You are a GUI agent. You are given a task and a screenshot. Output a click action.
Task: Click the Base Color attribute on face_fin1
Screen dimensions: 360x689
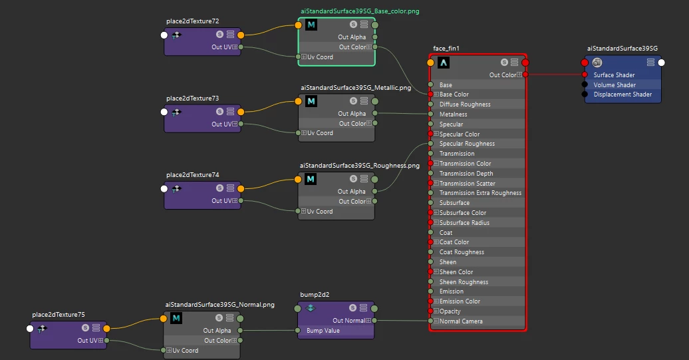pos(454,94)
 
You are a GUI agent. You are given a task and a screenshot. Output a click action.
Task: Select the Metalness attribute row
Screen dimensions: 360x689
pos(453,114)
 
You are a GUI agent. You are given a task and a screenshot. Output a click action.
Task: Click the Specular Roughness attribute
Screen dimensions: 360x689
pos(467,144)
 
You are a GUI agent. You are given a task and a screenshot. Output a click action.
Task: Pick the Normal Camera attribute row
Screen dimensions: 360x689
pos(461,321)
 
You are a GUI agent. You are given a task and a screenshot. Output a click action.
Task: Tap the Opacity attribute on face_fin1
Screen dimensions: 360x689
pos(450,311)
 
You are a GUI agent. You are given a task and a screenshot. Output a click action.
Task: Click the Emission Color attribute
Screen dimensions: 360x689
pos(460,301)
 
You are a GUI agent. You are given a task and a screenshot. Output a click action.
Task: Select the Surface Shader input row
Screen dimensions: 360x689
pos(614,75)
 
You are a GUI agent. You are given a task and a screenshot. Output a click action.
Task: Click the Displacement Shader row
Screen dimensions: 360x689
pos(622,94)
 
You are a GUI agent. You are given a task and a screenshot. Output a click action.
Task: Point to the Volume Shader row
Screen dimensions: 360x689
pos(615,85)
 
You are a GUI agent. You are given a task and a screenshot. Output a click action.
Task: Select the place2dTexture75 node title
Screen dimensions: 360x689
pos(58,315)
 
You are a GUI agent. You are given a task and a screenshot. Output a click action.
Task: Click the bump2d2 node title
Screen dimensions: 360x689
pos(315,293)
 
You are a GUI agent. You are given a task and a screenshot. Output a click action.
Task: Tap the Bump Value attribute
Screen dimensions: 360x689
pos(323,331)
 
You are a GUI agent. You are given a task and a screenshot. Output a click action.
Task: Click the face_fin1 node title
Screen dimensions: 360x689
pos(446,49)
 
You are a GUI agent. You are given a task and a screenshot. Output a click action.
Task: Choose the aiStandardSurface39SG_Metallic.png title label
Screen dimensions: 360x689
pos(355,87)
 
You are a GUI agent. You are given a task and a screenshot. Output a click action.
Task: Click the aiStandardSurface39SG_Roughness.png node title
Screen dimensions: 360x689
pos(359,165)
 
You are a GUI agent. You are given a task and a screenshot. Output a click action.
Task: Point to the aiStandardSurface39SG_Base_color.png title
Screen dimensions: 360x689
pos(359,11)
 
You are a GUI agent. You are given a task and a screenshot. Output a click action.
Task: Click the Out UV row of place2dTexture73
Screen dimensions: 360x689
pos(221,124)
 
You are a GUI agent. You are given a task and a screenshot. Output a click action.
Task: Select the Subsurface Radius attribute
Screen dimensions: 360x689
pos(464,223)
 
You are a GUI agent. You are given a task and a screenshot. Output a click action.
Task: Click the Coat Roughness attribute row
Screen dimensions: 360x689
pos(462,252)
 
